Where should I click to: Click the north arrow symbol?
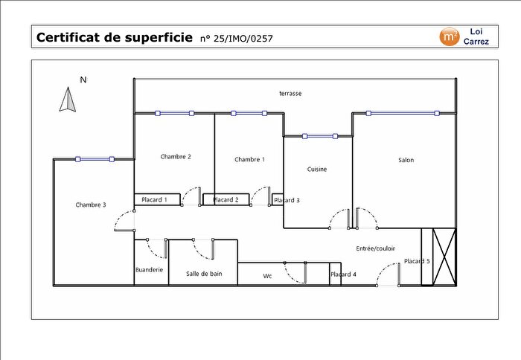point(68,100)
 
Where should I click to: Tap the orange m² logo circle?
point(450,36)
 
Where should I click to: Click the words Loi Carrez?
point(476,36)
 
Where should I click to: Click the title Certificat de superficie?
point(113,37)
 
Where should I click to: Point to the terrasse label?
point(290,94)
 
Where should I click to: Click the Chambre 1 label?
point(249,159)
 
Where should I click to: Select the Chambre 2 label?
point(176,156)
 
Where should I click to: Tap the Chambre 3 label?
point(91,205)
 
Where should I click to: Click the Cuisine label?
point(317,169)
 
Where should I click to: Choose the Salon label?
point(406,160)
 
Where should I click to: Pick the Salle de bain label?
point(204,274)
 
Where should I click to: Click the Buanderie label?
point(149,269)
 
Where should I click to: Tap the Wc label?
point(267,275)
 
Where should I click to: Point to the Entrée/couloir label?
point(376,248)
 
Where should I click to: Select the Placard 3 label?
point(287,200)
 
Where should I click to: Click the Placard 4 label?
point(343,274)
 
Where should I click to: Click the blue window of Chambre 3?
point(95,159)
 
